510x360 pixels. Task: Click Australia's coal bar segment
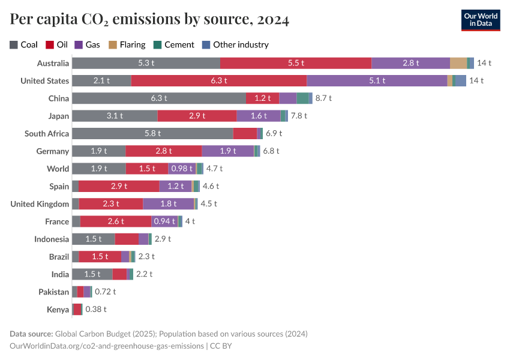point(146,63)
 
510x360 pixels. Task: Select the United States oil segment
point(218,80)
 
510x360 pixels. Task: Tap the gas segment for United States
point(377,80)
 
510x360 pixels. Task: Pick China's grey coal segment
point(158,98)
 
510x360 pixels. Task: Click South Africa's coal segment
point(152,133)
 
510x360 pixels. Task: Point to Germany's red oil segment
point(163,151)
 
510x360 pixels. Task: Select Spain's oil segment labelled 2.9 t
point(119,186)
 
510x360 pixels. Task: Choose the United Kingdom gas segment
point(168,203)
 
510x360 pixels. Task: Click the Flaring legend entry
point(127,44)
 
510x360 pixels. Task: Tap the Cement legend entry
point(175,44)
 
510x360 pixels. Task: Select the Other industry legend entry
point(235,44)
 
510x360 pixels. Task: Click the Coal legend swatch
point(14,44)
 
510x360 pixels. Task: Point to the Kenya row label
point(58,309)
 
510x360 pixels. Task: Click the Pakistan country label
point(54,292)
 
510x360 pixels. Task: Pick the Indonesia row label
point(52,239)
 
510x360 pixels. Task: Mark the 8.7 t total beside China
point(323,98)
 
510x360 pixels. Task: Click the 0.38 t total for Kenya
point(96,309)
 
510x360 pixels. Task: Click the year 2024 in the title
point(273,20)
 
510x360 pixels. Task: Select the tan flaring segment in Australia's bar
point(458,63)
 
